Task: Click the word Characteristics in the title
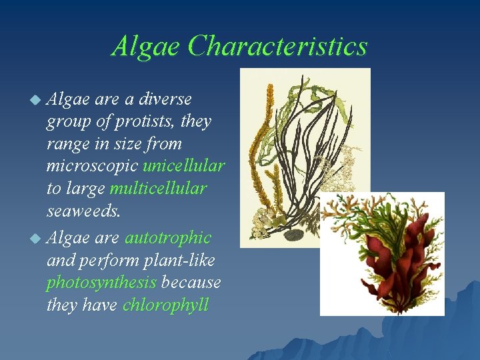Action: click(x=277, y=46)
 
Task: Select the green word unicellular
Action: click(x=183, y=166)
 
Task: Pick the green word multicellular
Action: click(x=158, y=189)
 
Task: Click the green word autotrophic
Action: click(x=167, y=237)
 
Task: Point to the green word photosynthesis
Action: click(x=101, y=283)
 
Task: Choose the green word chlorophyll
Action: click(x=165, y=305)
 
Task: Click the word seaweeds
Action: click(x=84, y=211)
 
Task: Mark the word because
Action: click(x=191, y=283)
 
